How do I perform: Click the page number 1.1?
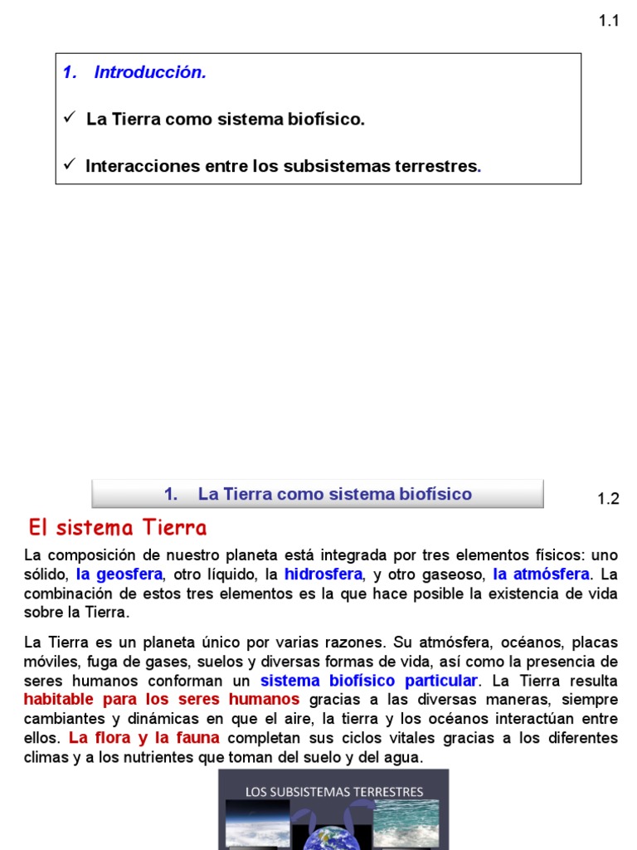click(609, 22)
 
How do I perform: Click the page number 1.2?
click(609, 499)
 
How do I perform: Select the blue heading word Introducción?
click(150, 72)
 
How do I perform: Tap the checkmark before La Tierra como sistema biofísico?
click(70, 119)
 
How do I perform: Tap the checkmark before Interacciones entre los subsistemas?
click(70, 165)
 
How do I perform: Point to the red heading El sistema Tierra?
click(118, 528)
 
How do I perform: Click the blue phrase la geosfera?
click(119, 574)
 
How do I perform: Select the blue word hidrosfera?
click(323, 574)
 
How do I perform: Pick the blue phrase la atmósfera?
click(542, 574)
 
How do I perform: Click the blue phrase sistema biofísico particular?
click(369, 681)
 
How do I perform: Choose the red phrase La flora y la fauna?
click(144, 738)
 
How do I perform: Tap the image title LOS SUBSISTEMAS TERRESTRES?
click(334, 792)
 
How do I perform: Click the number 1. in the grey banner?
click(171, 495)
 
